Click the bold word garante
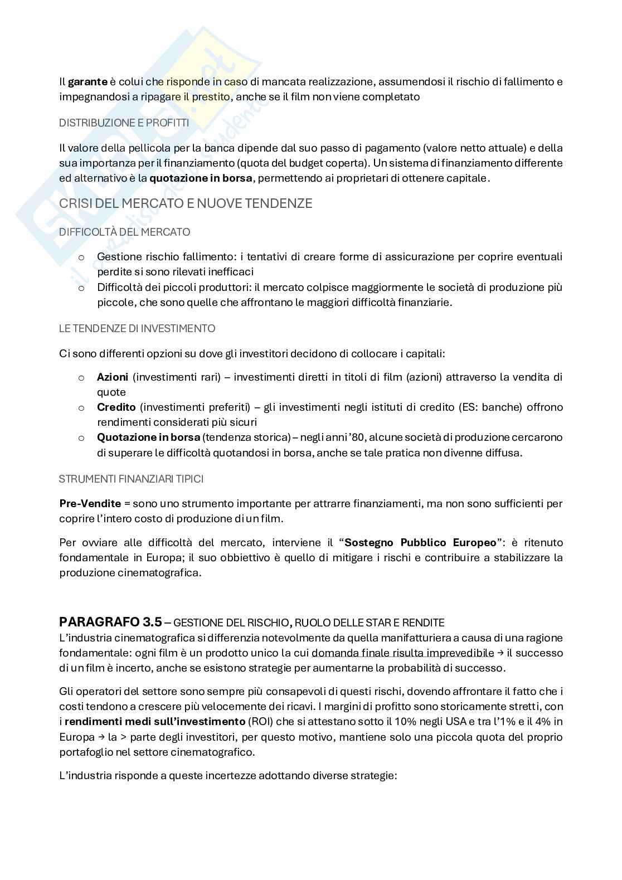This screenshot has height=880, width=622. (x=88, y=82)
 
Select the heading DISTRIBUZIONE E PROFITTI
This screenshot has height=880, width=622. (x=124, y=123)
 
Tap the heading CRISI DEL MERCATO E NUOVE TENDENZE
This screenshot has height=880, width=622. (x=186, y=203)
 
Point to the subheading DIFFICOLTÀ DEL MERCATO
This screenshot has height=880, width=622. (x=124, y=231)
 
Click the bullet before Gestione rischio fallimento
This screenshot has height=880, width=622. (x=81, y=257)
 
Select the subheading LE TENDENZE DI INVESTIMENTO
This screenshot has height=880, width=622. (x=137, y=328)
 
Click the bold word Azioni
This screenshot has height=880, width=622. (x=113, y=377)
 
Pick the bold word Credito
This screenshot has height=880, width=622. (x=116, y=407)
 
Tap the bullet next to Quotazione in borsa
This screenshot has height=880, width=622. (x=81, y=438)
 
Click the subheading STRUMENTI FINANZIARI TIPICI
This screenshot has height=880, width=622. (x=131, y=479)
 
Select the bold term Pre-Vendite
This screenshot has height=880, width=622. (x=90, y=503)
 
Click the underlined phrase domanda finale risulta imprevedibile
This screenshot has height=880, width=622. (x=402, y=653)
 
